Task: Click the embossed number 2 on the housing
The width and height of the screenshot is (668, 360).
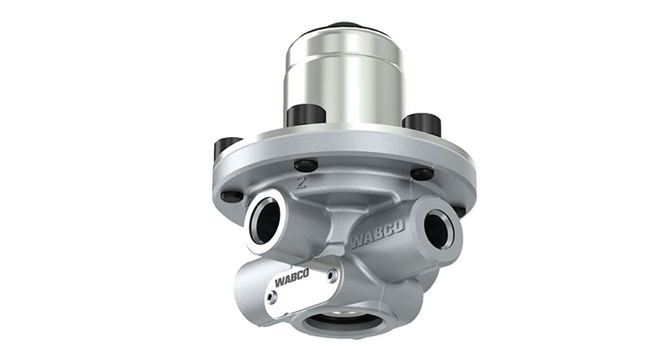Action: [x=301, y=182]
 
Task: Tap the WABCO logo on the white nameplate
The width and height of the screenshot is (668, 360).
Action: [x=291, y=279]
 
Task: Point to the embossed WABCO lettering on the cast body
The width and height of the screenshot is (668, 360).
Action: [x=378, y=234]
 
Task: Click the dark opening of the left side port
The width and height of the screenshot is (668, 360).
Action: [x=266, y=221]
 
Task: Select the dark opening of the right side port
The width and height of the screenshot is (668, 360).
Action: [x=436, y=230]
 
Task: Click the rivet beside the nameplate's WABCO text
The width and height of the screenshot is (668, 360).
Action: [x=331, y=276]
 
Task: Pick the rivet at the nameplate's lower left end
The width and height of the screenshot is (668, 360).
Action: [x=271, y=297]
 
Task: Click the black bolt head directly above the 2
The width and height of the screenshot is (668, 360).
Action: [x=306, y=165]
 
